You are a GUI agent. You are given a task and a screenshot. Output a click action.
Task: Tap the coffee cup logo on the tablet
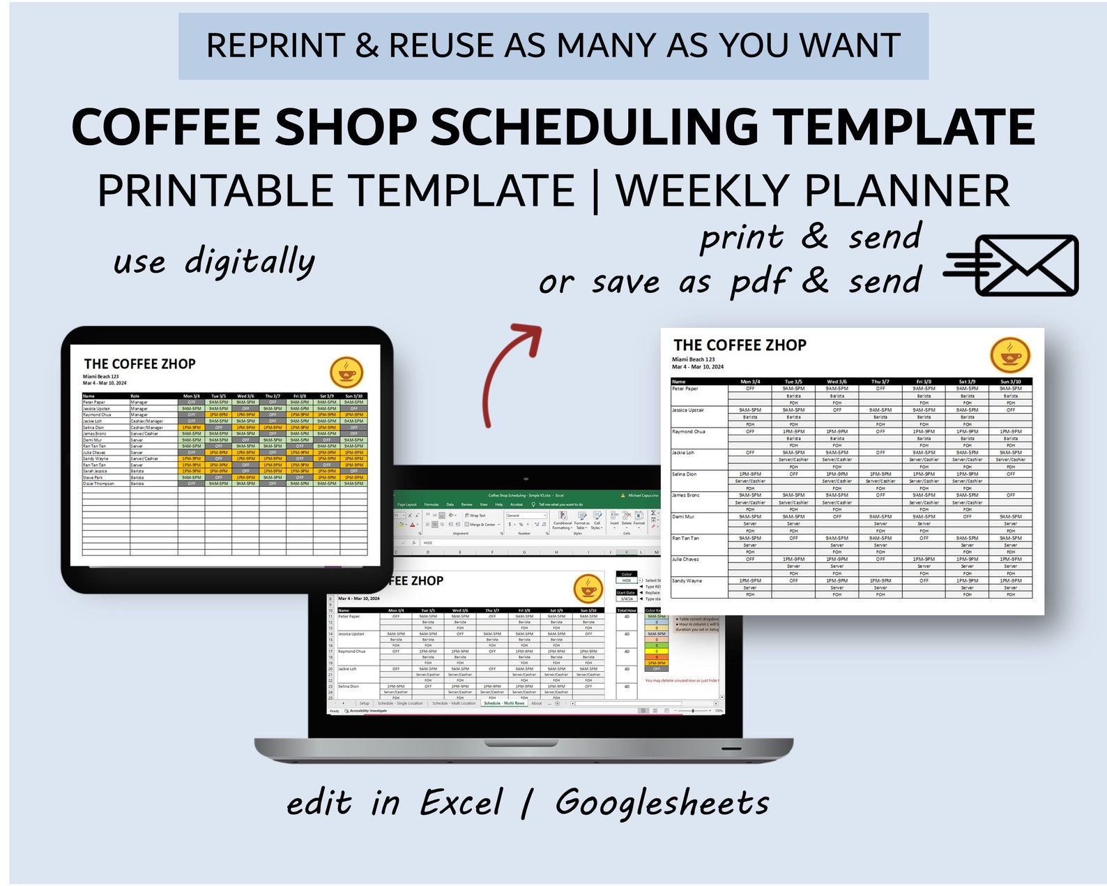click(x=346, y=372)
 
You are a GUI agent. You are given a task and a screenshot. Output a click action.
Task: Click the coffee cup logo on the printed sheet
click(x=1009, y=354)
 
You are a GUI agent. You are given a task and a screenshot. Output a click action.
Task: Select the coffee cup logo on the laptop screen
click(x=588, y=587)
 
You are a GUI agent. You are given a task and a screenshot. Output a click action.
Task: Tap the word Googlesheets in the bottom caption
click(x=662, y=802)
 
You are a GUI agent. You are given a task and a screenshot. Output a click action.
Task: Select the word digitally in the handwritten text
click(x=250, y=262)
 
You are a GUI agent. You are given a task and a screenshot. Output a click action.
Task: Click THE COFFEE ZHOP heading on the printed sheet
click(x=740, y=345)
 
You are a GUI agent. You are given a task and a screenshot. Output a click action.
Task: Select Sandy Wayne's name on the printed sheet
click(x=687, y=580)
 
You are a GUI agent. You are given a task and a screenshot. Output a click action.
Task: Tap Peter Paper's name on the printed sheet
click(x=685, y=389)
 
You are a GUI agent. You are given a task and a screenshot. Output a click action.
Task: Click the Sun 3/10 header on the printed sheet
click(x=1010, y=382)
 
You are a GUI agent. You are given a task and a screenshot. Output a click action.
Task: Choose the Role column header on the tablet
click(x=135, y=396)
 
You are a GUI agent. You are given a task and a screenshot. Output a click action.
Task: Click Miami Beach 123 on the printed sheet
click(x=693, y=359)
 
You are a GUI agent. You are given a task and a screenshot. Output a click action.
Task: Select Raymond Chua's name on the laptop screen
click(x=351, y=652)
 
